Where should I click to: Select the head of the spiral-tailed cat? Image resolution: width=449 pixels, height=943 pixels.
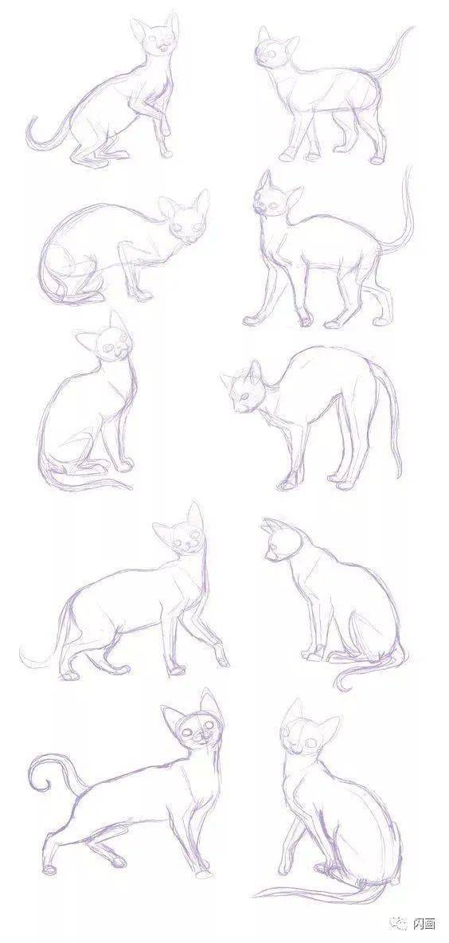tap(193, 722)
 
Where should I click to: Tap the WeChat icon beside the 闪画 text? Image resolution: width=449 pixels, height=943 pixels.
tap(400, 923)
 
